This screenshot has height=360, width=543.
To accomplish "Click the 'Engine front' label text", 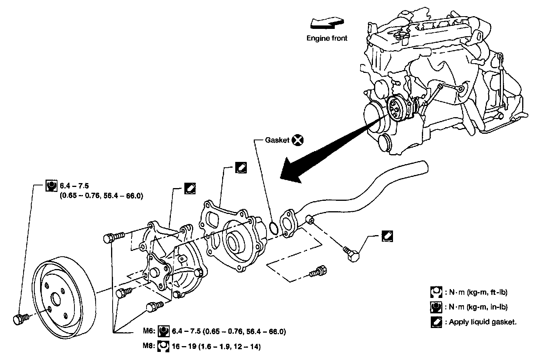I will click(327, 38).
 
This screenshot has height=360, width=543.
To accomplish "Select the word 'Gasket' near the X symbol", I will click(277, 140).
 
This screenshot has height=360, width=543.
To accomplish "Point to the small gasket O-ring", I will click(273, 228).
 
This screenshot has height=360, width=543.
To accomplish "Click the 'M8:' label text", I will click(149, 347).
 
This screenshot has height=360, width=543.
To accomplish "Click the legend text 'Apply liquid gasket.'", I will click(482, 322).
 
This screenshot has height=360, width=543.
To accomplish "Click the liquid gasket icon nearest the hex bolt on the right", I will click(387, 236).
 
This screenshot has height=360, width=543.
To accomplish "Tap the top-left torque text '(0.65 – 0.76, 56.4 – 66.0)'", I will click(101, 196).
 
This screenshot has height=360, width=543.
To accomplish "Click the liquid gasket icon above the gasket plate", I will click(241, 168).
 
